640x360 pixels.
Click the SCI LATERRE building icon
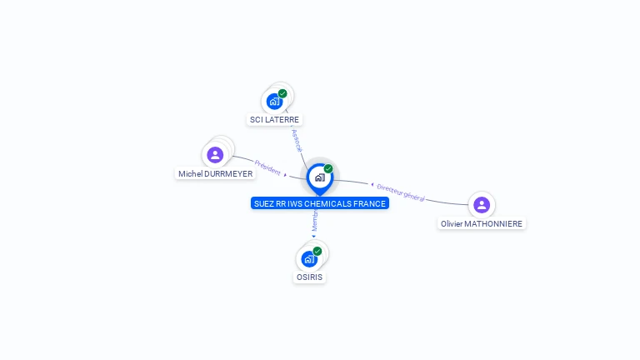pos(274,102)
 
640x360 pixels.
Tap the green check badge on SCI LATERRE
pos(282,93)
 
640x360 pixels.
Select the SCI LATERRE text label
pos(274,120)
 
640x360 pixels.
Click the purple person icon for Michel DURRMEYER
pos(215,154)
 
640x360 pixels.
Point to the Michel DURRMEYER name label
pos(215,174)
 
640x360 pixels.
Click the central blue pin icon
pos(319,177)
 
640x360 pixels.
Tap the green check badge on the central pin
pos(328,168)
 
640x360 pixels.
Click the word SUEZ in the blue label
pos(263,203)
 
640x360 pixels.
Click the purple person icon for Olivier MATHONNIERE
pos(481,204)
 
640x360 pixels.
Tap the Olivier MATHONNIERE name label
pos(482,223)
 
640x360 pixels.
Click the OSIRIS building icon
pos(309,259)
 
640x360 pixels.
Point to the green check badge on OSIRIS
pos(317,251)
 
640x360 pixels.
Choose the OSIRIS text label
pos(309,277)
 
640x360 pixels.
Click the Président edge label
pos(267,167)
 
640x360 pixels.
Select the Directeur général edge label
pos(401,192)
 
